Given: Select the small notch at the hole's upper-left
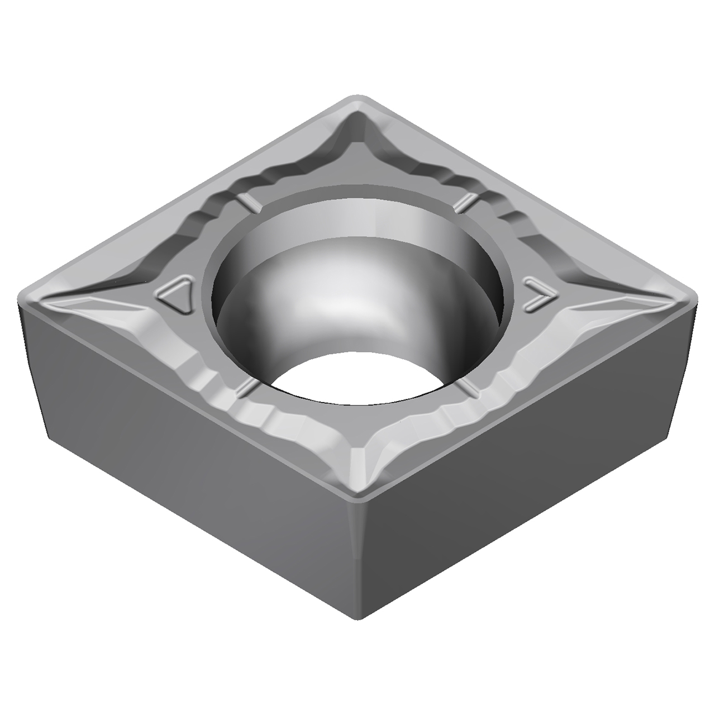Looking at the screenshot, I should (x=249, y=203).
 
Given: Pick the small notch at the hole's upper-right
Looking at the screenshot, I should (x=465, y=203).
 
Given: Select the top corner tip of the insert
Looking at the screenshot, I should (x=357, y=99).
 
